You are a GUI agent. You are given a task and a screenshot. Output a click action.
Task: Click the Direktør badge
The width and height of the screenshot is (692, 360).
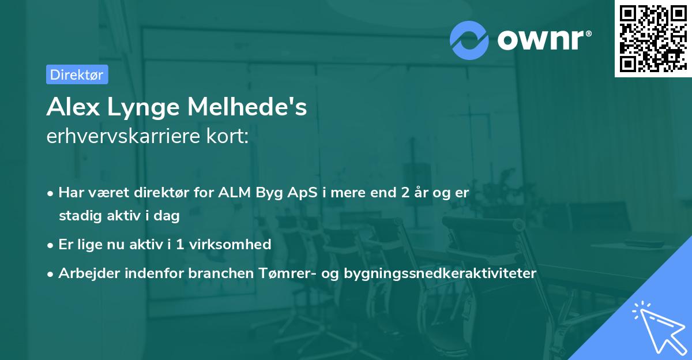(77, 74)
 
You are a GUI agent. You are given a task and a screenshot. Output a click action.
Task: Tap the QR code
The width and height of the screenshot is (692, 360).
(650, 39)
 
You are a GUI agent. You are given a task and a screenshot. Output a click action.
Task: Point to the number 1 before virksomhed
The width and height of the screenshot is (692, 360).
(179, 244)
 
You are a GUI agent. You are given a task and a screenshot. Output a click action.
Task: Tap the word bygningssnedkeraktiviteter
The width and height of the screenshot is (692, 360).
(439, 273)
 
